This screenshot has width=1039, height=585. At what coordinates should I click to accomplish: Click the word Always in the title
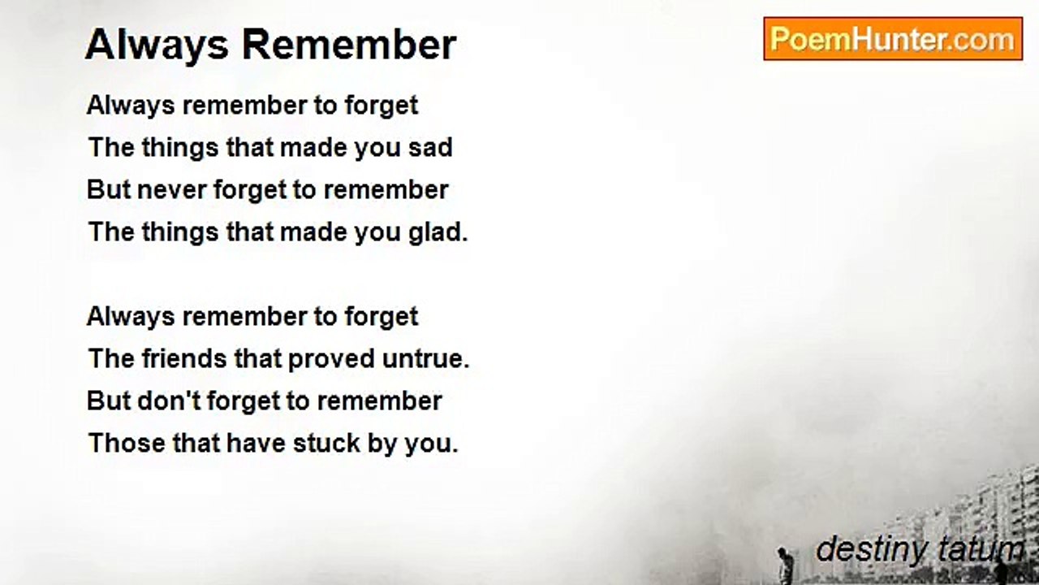click(x=157, y=45)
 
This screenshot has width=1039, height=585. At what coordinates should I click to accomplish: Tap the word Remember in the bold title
click(x=349, y=45)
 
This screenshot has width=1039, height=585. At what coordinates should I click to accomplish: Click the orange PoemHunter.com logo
click(x=893, y=39)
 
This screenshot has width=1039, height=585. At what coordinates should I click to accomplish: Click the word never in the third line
click(x=171, y=190)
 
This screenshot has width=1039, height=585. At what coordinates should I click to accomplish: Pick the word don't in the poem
click(x=169, y=401)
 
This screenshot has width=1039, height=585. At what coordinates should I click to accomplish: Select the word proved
click(x=331, y=359)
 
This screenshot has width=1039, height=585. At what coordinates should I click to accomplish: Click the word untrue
click(x=426, y=359)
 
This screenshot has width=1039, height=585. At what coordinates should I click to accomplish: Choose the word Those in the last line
click(x=127, y=443)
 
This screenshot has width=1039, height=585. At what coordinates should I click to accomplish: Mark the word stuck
click(x=326, y=443)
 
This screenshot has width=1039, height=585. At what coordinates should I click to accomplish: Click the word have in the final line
click(x=255, y=443)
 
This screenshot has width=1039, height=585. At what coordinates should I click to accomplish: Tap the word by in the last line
click(x=382, y=444)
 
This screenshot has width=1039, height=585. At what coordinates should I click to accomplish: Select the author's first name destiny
click(x=872, y=551)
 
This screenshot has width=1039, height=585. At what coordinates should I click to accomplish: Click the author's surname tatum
click(x=980, y=550)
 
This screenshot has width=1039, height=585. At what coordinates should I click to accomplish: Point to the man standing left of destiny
click(x=784, y=565)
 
